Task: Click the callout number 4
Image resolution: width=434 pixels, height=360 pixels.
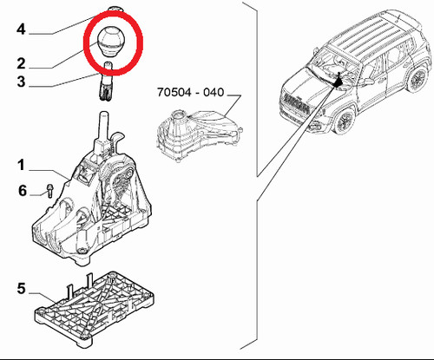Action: coord(21,29)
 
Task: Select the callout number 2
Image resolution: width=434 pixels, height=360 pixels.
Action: coord(21,63)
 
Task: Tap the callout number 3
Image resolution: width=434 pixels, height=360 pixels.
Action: coord(21,82)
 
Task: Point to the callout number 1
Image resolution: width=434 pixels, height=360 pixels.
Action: coord(21,166)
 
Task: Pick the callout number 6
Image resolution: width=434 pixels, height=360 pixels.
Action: coord(23,191)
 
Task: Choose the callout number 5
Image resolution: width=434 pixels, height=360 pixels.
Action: coord(21,289)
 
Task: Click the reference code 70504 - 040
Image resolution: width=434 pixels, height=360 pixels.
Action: coord(191,92)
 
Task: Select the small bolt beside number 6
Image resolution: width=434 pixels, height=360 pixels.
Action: coord(49,191)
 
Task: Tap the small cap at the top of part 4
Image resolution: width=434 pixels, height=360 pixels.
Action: coord(115,9)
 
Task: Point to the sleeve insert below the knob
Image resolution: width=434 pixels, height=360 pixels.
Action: coord(106,82)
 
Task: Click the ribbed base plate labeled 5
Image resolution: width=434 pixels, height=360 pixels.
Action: coord(94,309)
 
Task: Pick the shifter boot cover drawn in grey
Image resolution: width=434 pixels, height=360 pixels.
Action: coord(199,136)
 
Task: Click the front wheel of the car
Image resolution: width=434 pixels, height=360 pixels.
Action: coord(345,120)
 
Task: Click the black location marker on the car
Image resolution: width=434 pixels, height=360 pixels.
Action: coord(338,81)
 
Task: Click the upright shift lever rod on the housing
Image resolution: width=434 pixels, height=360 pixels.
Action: coord(103,127)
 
